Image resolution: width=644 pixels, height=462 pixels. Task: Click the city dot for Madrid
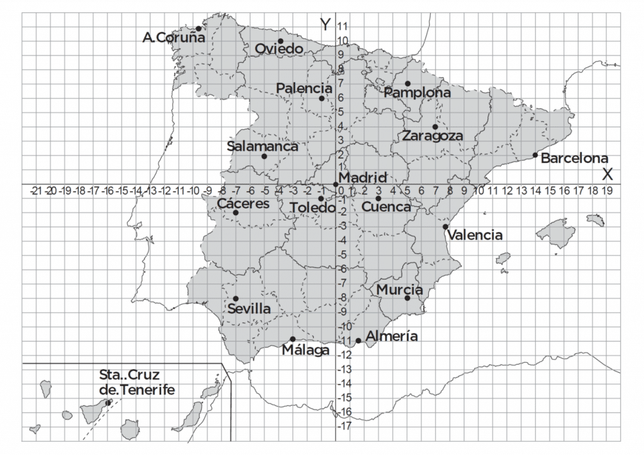click(336, 184)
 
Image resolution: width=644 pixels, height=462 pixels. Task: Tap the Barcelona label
click(574, 158)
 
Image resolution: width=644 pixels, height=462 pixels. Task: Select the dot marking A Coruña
click(199, 28)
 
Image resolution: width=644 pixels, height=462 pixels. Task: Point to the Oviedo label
click(279, 49)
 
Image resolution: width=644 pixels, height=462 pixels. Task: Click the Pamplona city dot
click(408, 84)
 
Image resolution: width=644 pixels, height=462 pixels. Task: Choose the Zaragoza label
click(433, 136)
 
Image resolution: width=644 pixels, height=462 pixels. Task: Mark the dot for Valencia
click(445, 227)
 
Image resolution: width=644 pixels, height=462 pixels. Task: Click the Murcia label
click(399, 290)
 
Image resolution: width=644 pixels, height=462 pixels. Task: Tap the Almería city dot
click(358, 341)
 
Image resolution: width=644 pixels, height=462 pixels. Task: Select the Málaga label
click(306, 350)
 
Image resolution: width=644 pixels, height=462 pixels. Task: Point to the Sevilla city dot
click(236, 299)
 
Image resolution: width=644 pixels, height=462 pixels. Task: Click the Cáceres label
click(243, 204)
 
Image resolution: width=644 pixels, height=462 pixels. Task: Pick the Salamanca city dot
click(264, 157)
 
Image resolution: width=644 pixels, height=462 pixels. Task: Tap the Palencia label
click(304, 89)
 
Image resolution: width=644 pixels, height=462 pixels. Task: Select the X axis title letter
click(608, 174)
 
